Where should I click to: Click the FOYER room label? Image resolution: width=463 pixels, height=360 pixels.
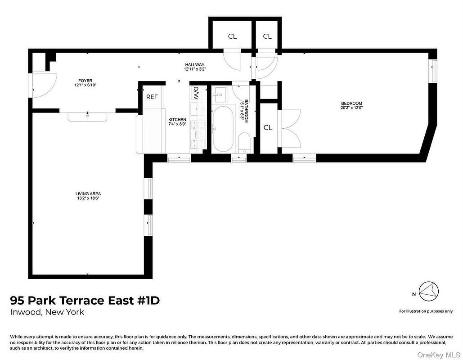pyautogui.click(x=85, y=81)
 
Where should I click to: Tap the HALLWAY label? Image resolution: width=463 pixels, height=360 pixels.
pyautogui.click(x=194, y=65)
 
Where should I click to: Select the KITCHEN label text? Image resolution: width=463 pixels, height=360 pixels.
pyautogui.click(x=177, y=120)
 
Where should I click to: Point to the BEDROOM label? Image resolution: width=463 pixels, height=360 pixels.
pyautogui.click(x=351, y=103)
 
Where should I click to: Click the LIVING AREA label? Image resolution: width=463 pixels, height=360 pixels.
pyautogui.click(x=88, y=194)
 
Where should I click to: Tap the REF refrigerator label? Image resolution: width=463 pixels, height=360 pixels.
pyautogui.click(x=152, y=97)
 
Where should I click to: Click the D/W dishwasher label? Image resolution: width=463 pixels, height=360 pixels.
pyautogui.click(x=196, y=92)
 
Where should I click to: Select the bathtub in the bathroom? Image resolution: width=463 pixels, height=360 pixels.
pyautogui.click(x=223, y=129)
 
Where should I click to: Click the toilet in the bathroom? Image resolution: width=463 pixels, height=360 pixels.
pyautogui.click(x=244, y=143)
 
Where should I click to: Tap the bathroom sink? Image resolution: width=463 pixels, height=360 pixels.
pyautogui.click(x=220, y=94)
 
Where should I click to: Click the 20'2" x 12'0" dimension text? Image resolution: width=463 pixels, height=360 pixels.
pyautogui.click(x=351, y=108)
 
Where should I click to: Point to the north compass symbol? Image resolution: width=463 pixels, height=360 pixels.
pyautogui.click(x=429, y=292)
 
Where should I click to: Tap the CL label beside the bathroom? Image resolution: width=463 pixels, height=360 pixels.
pyautogui.click(x=268, y=128)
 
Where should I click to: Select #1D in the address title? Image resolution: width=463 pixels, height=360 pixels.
pyautogui.click(x=148, y=300)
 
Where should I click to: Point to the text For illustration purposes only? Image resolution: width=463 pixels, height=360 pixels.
pyautogui.click(x=426, y=311)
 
